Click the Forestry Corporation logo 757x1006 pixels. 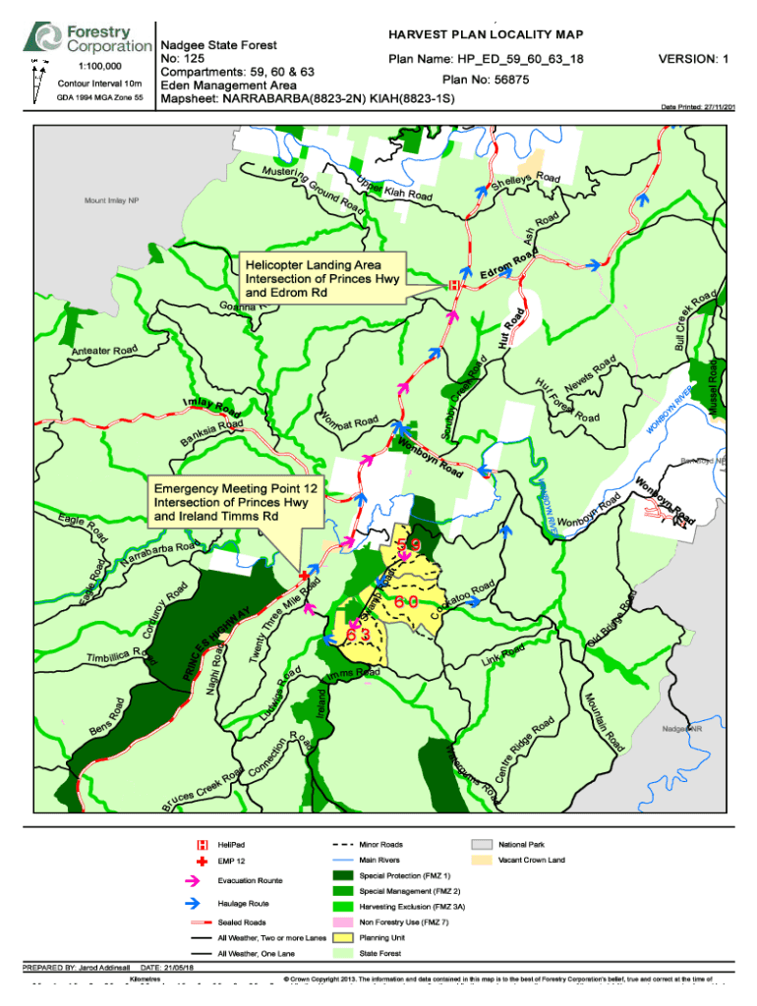tap(89, 39)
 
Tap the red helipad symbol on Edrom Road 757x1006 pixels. tap(453, 285)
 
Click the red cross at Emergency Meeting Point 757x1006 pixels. tap(304, 575)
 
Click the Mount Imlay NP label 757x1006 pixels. tap(112, 200)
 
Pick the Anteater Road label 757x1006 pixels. tap(103, 351)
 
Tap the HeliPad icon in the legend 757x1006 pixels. tap(203, 844)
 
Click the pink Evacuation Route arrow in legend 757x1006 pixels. tap(203, 880)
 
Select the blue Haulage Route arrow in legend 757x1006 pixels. tap(203, 903)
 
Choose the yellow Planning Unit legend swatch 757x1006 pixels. tap(342, 938)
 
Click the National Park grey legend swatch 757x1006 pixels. tap(481, 844)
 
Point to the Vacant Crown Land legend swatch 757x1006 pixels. tap(481, 860)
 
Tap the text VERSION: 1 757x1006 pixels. tap(693, 59)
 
